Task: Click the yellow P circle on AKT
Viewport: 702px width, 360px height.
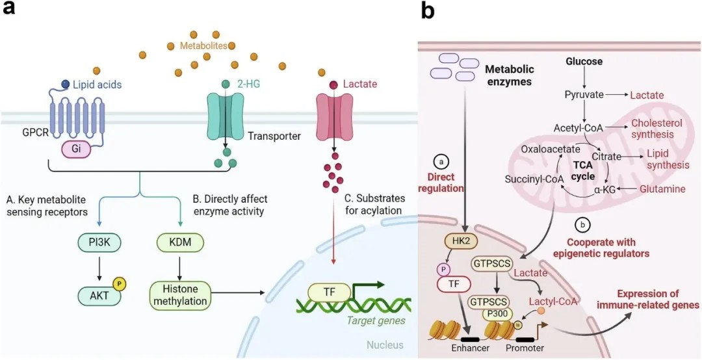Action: tap(119, 283)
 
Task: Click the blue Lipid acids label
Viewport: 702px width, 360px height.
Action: tap(97, 84)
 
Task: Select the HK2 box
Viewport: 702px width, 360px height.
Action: tap(457, 240)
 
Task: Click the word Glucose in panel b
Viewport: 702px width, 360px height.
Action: tap(584, 62)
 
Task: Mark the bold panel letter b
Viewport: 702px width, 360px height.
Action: tap(428, 11)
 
